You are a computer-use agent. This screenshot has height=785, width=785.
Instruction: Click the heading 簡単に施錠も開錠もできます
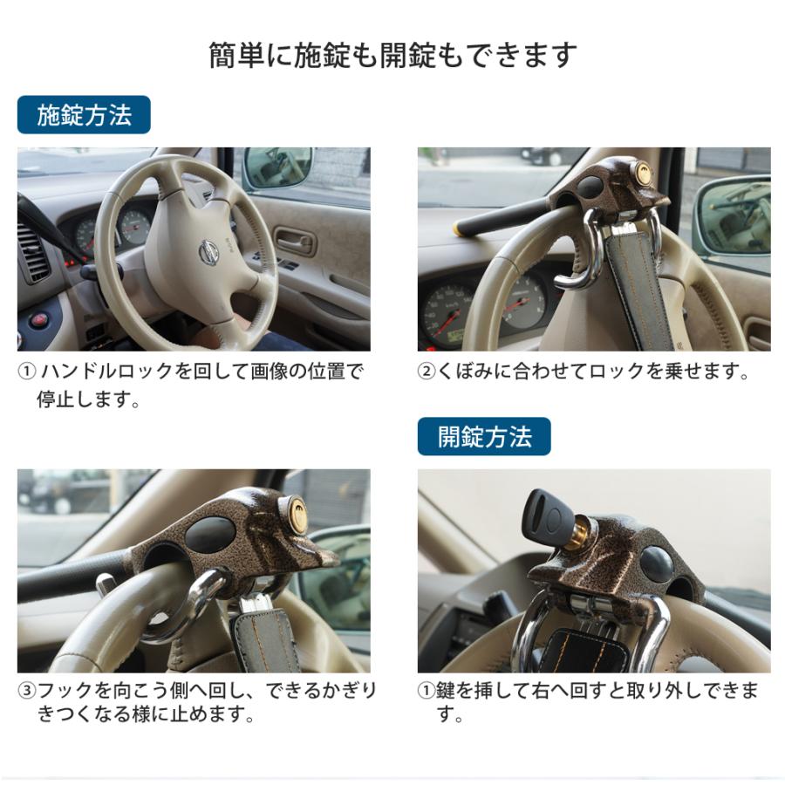(x=392, y=55)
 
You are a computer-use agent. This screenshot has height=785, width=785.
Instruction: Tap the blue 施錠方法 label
(x=84, y=115)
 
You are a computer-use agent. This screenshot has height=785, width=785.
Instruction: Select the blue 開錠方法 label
(x=484, y=436)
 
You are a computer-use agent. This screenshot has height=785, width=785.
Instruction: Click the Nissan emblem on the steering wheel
(x=208, y=253)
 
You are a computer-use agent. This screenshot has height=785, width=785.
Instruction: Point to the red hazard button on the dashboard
(x=39, y=319)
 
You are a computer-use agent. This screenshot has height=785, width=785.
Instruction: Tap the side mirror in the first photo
(x=277, y=166)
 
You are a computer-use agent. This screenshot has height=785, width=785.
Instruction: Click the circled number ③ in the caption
(x=27, y=691)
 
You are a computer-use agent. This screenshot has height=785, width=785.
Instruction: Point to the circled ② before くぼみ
(x=426, y=372)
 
